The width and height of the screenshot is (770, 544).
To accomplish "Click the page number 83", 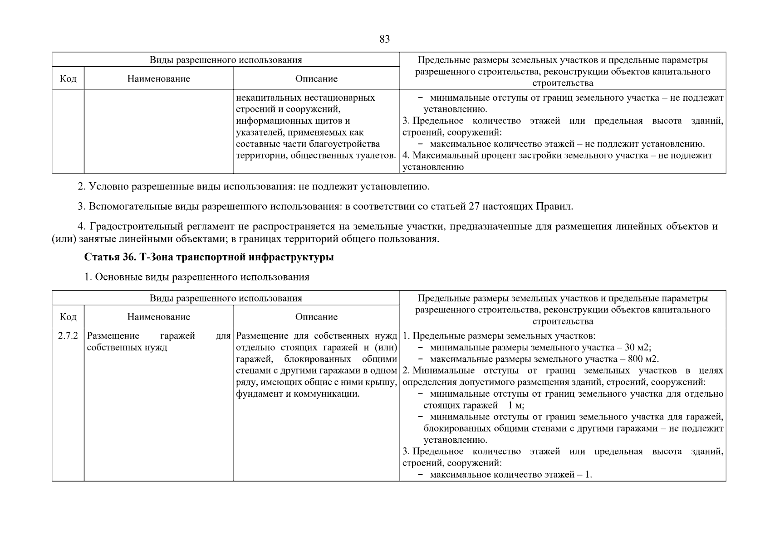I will (x=384, y=39).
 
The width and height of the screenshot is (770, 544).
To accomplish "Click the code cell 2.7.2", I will (x=68, y=336).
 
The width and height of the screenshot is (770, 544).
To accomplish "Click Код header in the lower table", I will (x=68, y=317).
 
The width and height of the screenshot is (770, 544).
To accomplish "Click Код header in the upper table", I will (x=68, y=79).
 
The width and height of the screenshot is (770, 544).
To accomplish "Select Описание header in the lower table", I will (x=316, y=317).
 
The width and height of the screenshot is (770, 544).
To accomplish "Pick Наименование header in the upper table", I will (x=158, y=79).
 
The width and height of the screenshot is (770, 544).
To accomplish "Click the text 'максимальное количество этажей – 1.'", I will (x=511, y=475).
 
